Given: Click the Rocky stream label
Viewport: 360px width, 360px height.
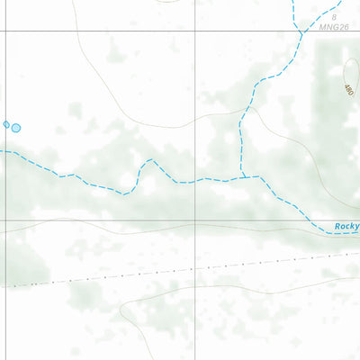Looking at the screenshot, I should (347, 227).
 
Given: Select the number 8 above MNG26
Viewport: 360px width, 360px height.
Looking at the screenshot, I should (333, 17).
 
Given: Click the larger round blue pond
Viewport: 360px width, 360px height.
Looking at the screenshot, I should (16, 128).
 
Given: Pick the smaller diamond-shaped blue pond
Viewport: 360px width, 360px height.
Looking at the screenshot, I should (7, 124).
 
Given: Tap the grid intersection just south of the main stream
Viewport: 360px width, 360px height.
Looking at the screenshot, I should (197, 220).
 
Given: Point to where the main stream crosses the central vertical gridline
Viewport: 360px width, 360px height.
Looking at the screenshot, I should (197, 181).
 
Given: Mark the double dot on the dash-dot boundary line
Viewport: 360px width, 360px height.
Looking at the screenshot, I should (34, 283).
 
